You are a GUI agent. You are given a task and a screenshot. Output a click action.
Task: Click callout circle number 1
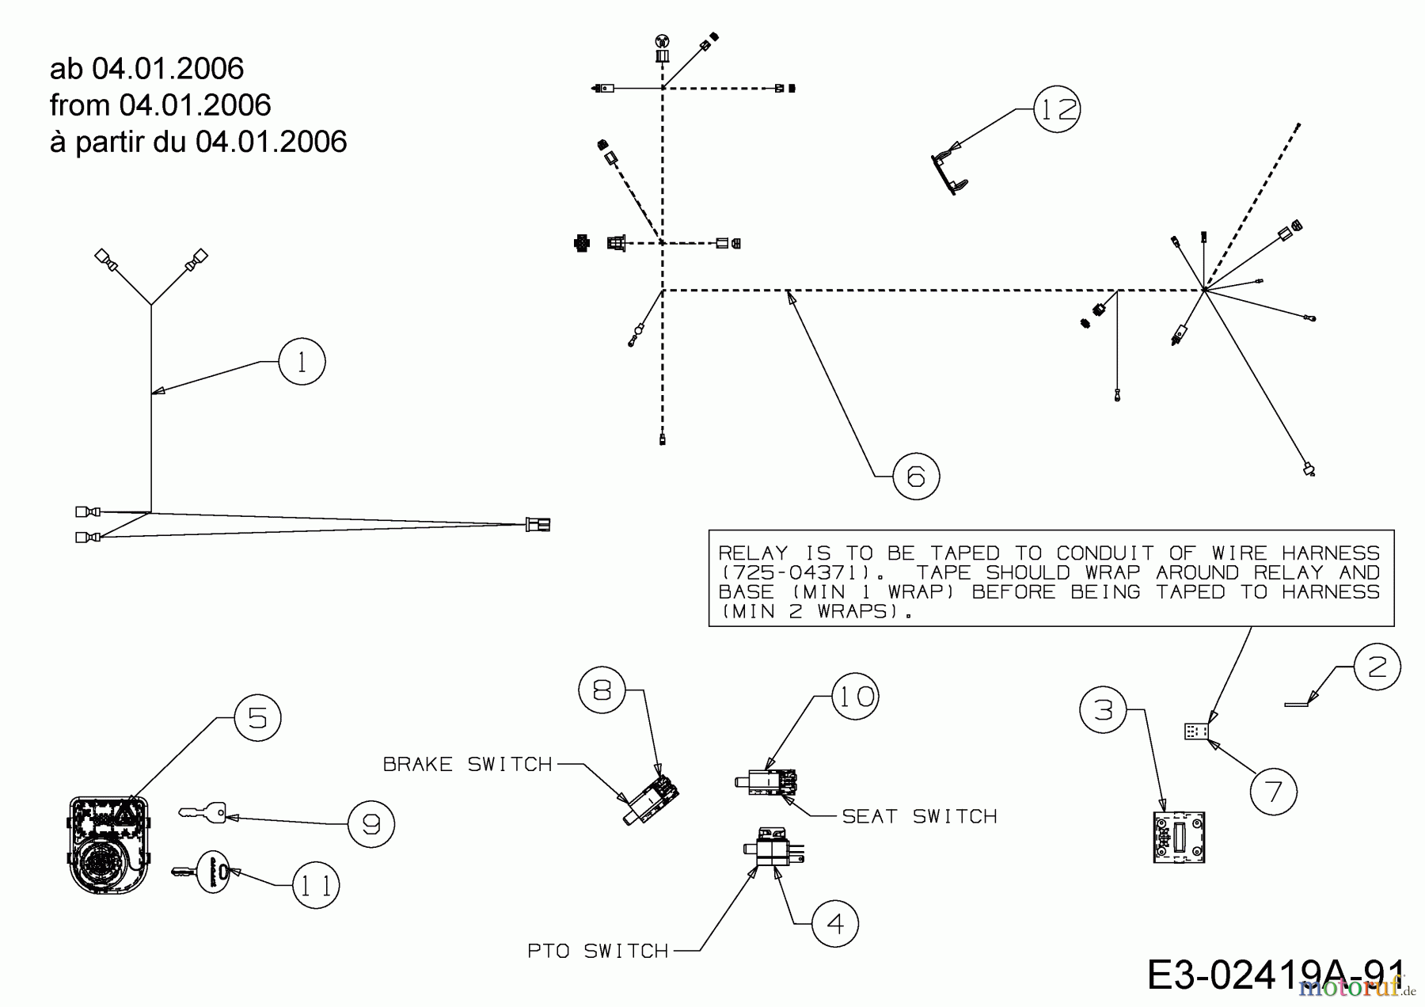coord(302,362)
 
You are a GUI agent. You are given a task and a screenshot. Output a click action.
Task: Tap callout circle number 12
coord(1057,108)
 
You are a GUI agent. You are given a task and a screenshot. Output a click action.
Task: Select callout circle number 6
coord(916,477)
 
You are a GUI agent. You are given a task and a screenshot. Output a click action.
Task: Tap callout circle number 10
coord(856,696)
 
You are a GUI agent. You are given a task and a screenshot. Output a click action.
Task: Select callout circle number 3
coord(1104,710)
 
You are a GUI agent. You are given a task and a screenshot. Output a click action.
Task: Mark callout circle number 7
coord(1274,791)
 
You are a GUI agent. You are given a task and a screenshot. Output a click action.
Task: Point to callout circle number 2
coord(1377,667)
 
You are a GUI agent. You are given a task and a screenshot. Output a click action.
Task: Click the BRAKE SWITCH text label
coord(467,764)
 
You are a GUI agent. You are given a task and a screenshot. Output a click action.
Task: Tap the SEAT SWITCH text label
coord(919,816)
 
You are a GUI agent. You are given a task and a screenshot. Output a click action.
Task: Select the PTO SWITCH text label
coord(598,951)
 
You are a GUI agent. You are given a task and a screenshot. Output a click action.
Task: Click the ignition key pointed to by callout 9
coord(203,812)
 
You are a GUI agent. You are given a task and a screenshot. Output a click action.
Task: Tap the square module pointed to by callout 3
coord(1179,836)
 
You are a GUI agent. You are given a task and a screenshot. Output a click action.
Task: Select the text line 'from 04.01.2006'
coord(161,104)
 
